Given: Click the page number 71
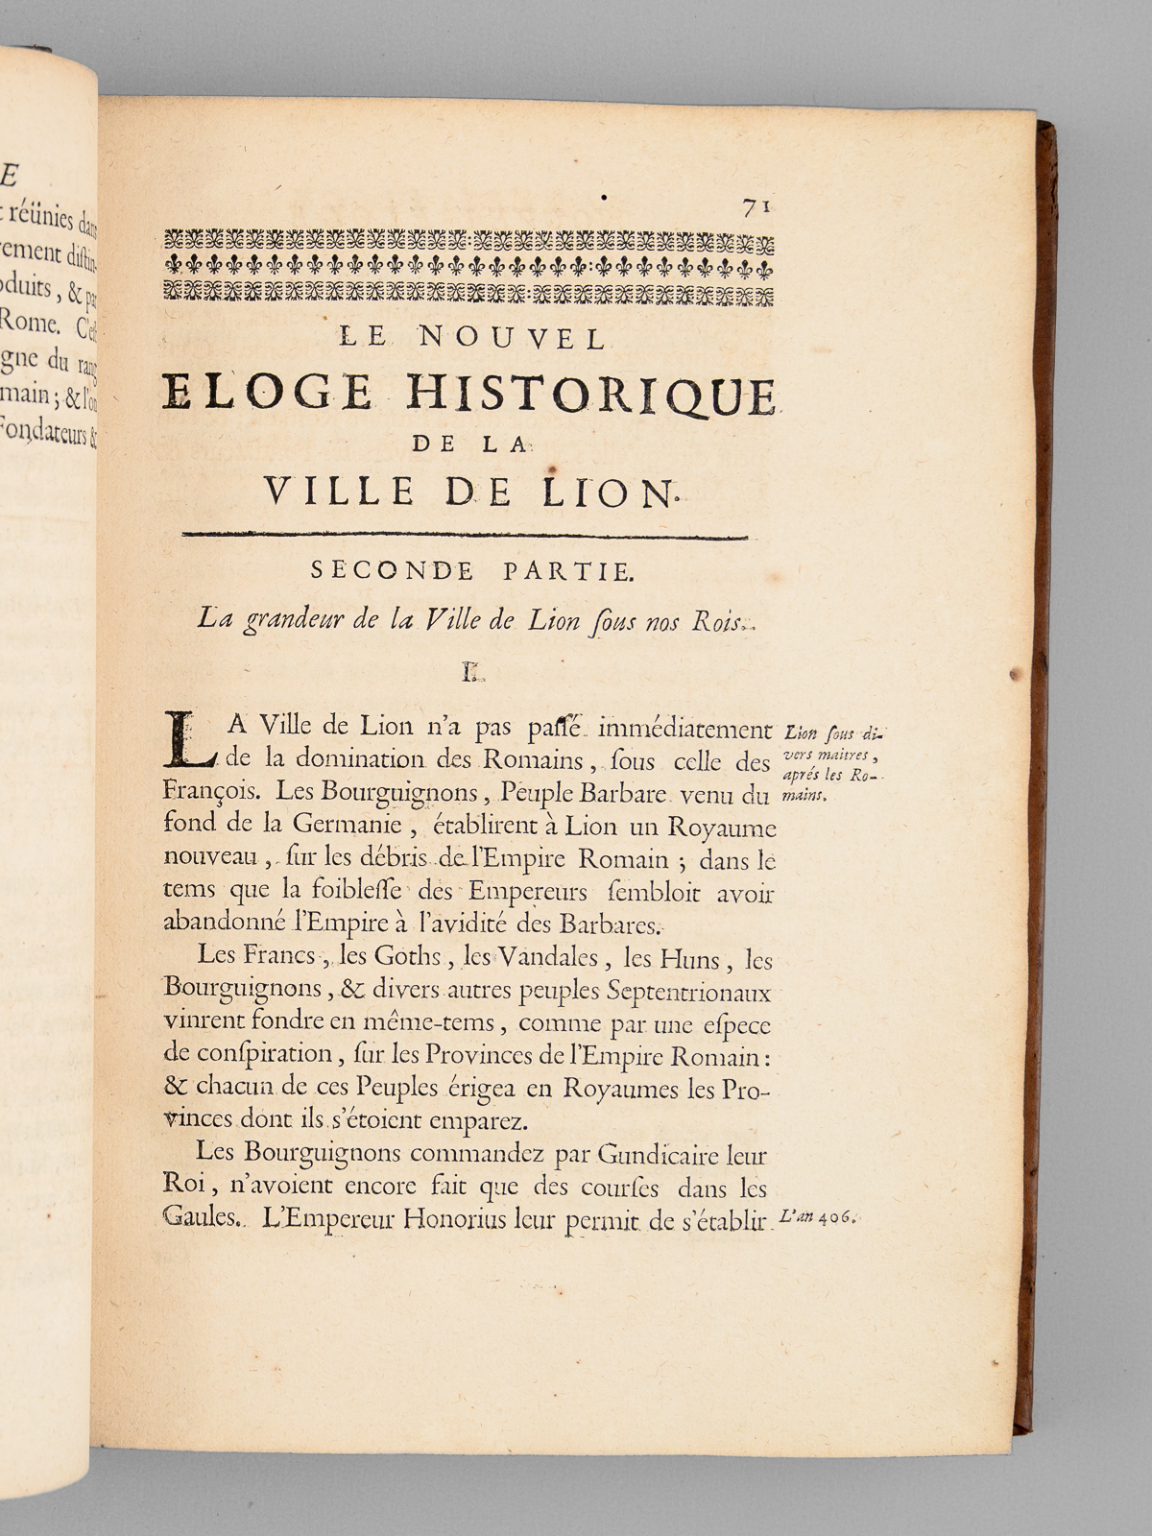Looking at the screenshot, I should click(756, 206).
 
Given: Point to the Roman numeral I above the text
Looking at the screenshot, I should click(471, 674).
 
